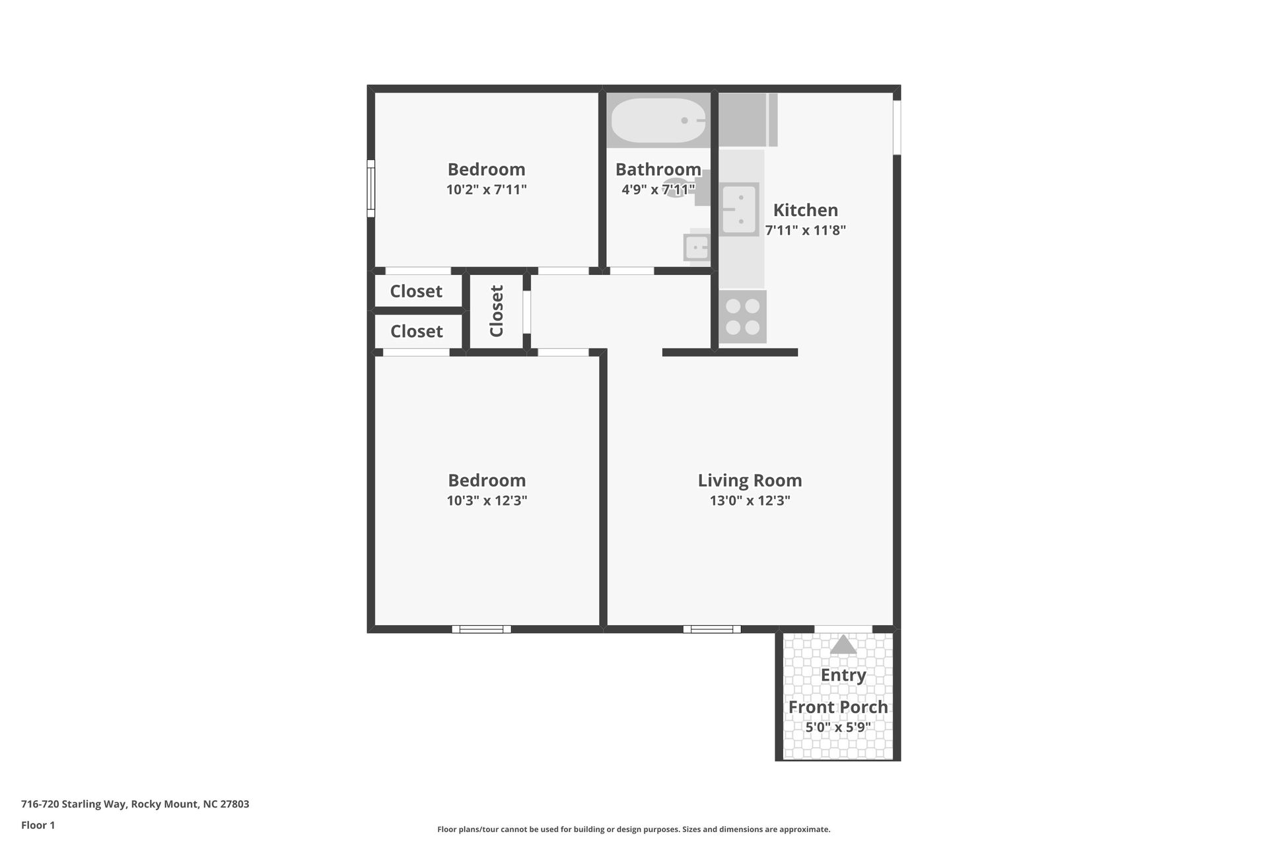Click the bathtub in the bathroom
[x=658, y=120]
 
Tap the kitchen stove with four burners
[x=743, y=317]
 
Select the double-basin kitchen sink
[x=740, y=209]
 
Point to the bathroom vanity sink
[x=697, y=247]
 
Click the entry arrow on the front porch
[x=843, y=644]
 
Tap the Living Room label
[x=750, y=481]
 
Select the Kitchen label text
[x=806, y=210]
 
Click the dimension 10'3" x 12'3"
[x=487, y=500]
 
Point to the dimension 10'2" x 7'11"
[x=487, y=190]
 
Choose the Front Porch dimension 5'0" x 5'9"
[x=838, y=727]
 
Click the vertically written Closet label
[x=497, y=311]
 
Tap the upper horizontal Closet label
[x=416, y=291]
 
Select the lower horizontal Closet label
[x=417, y=331]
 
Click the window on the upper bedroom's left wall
[x=371, y=188]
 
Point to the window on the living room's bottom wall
[x=712, y=629]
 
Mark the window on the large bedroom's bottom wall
[x=481, y=629]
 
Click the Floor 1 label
[x=38, y=825]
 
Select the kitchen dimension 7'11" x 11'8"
[x=806, y=230]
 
